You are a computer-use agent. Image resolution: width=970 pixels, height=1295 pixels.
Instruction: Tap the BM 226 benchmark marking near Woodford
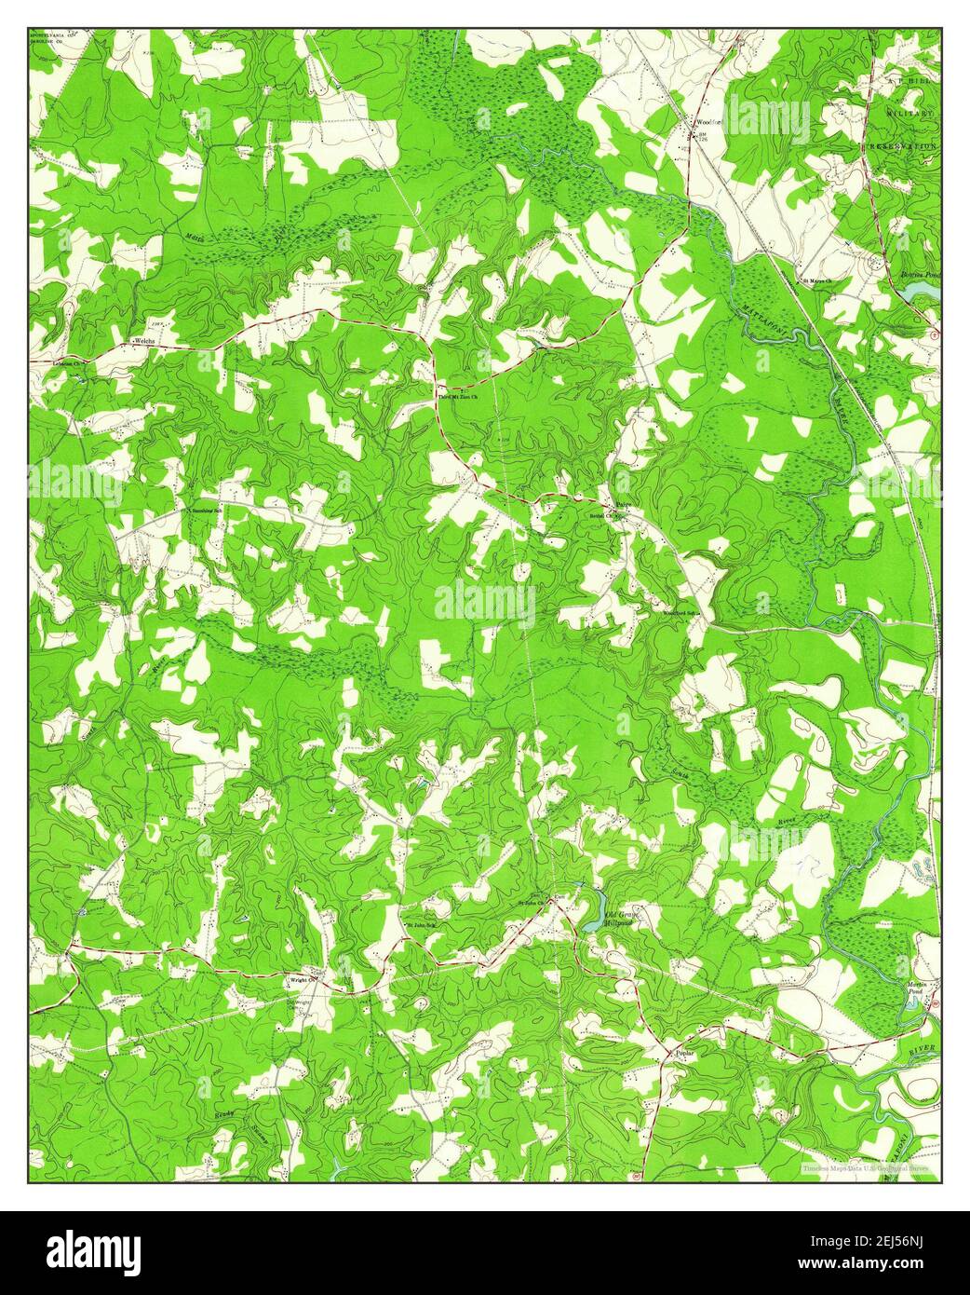coord(703,138)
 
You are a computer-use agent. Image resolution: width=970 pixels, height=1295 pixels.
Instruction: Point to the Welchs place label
coord(143,343)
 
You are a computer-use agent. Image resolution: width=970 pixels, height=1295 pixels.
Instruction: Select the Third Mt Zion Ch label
coord(457,398)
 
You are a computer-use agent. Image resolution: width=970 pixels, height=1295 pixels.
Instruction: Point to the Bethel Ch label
coord(601,515)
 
